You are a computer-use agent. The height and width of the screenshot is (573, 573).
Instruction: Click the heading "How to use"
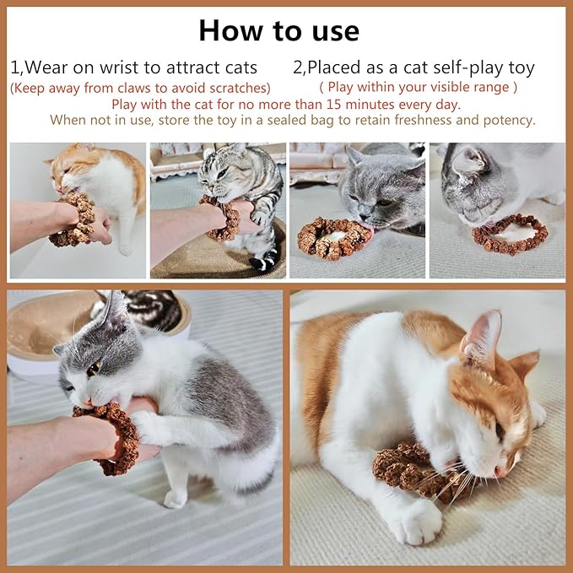point(278,30)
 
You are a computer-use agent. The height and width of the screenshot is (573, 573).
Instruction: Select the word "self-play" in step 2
point(451,68)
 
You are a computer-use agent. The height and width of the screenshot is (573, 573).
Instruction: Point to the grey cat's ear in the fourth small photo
point(467,159)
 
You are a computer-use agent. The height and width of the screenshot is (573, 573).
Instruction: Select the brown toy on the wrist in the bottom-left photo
point(114,435)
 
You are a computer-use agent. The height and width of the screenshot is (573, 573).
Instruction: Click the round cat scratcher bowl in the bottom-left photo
point(42,329)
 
